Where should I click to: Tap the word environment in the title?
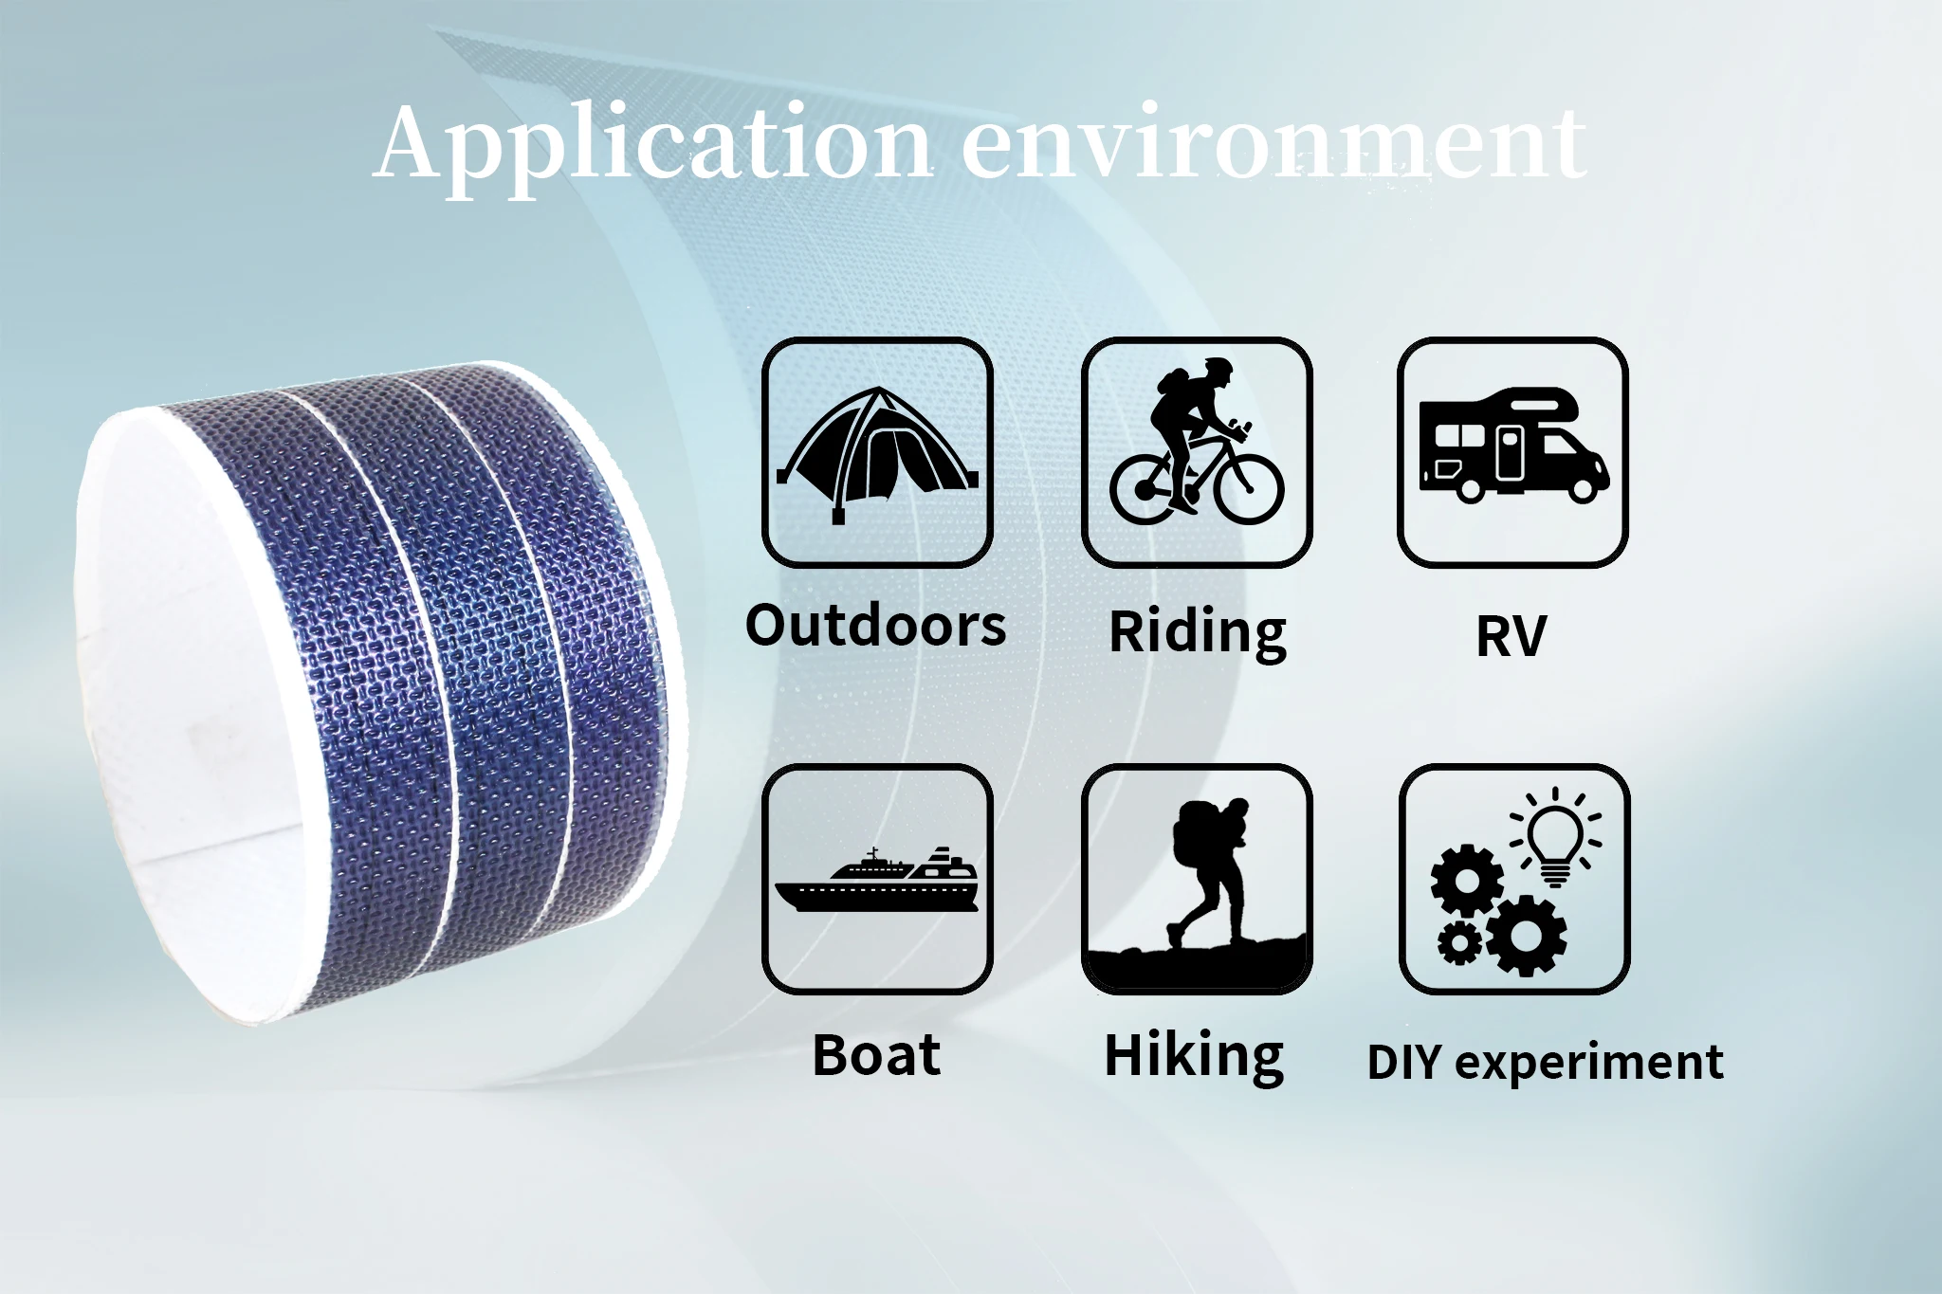(x=1274, y=143)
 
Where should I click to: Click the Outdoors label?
(x=875, y=627)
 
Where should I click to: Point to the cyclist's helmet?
(x=1218, y=366)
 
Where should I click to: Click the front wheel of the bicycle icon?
(x=1248, y=487)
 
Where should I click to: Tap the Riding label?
(x=1198, y=632)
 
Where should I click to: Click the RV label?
(x=1511, y=635)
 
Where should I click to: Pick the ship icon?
(x=877, y=880)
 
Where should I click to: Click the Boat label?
(x=877, y=1054)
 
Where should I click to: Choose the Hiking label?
(x=1194, y=1056)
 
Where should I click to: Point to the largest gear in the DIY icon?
(x=1527, y=935)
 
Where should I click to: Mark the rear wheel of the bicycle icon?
(x=1145, y=489)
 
